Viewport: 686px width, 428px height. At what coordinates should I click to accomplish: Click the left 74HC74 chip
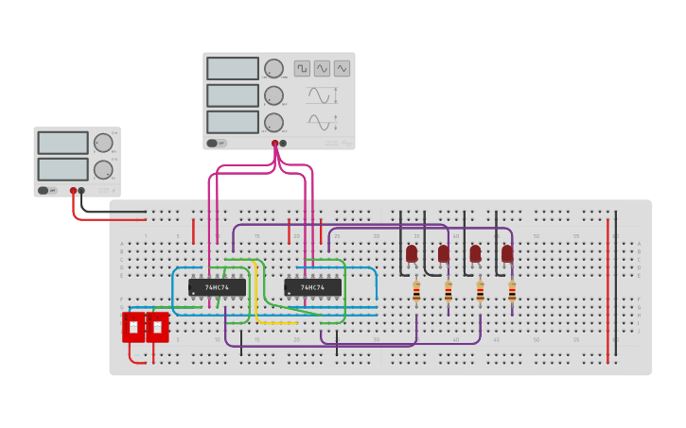(x=217, y=287)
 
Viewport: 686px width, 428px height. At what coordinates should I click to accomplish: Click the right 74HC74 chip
(x=312, y=287)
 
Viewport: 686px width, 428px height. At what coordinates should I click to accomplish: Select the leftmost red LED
(x=412, y=253)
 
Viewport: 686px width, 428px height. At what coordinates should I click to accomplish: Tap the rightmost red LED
(x=507, y=253)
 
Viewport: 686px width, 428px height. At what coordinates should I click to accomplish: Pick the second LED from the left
(x=444, y=253)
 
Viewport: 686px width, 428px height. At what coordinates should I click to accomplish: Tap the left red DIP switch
(x=133, y=327)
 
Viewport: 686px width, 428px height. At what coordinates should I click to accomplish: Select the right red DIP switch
(x=157, y=327)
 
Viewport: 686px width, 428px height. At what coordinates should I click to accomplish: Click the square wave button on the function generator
(x=302, y=68)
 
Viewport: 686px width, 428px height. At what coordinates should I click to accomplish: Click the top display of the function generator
(x=233, y=68)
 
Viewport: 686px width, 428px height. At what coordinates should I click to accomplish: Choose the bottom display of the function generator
(x=233, y=122)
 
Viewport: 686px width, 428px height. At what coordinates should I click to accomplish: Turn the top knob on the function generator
(x=273, y=68)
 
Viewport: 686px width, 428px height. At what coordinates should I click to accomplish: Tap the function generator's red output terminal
(x=275, y=144)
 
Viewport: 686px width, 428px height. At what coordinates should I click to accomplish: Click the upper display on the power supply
(x=62, y=143)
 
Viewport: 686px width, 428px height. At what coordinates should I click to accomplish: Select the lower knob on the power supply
(x=102, y=170)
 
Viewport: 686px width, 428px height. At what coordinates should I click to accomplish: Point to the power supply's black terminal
(x=81, y=190)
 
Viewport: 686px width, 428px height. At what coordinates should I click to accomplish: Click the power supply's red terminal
(x=73, y=190)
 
